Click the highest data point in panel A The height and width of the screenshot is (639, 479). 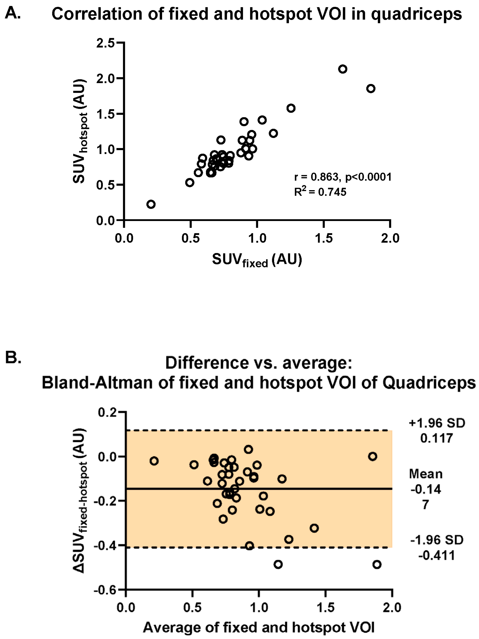pos(343,69)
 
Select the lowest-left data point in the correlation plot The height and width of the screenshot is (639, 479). pos(151,204)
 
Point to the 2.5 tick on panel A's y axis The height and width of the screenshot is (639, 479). pos(105,43)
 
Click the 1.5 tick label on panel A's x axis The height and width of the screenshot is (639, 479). pos(324,239)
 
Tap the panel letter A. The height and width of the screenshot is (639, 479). pos(13,13)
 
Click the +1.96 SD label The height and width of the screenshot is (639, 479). pos(437,423)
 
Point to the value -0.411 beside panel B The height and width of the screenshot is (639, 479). pos(437,555)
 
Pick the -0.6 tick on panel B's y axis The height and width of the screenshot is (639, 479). pos(105,590)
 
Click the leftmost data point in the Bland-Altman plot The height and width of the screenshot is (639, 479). pos(154,461)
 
